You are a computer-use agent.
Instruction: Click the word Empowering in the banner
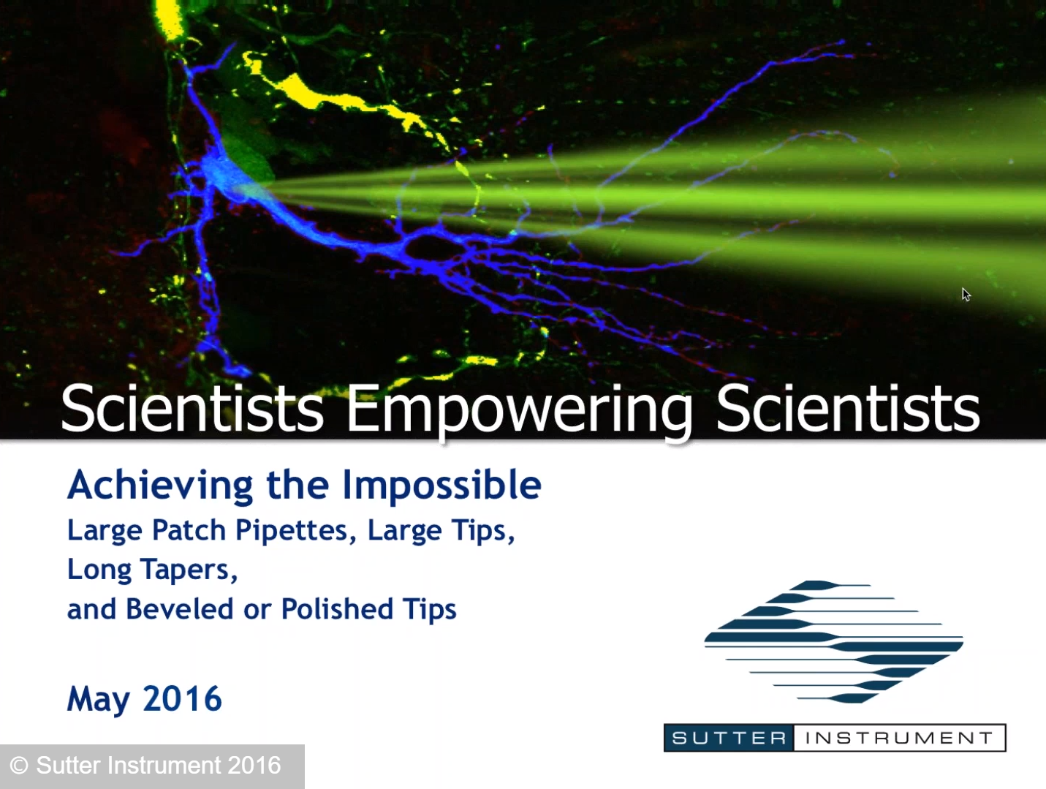click(518, 409)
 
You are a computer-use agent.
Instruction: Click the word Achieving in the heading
click(160, 486)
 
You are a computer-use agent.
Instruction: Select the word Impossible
click(441, 486)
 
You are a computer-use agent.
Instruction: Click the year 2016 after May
click(182, 699)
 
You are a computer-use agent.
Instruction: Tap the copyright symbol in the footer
click(19, 766)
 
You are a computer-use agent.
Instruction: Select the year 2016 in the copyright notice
click(254, 766)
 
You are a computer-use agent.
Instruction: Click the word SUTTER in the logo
click(728, 739)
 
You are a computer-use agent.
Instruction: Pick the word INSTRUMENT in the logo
click(898, 739)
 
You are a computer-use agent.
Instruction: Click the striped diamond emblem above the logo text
click(833, 642)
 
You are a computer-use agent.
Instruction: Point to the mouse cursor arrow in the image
click(966, 294)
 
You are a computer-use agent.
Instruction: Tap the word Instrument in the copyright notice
click(164, 766)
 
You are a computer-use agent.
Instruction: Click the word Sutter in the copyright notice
click(68, 766)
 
